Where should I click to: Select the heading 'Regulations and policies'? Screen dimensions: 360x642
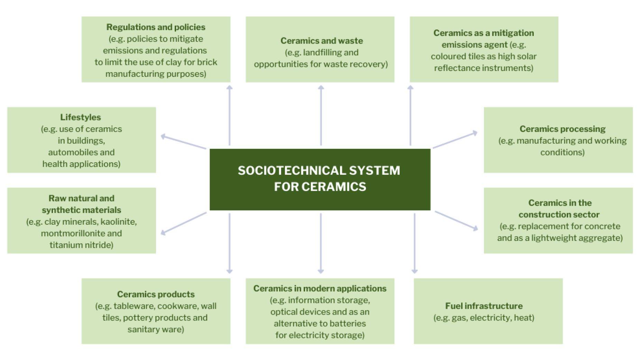(x=156, y=27)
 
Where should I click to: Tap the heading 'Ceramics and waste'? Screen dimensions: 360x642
(x=322, y=41)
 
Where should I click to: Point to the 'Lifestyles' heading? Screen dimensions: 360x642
(x=81, y=117)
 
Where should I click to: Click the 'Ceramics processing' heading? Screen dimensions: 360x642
(x=562, y=129)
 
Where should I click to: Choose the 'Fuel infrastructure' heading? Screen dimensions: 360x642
(x=484, y=306)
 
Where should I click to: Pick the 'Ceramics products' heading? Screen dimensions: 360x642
(x=156, y=294)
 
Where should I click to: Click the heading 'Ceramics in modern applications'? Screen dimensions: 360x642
(x=320, y=288)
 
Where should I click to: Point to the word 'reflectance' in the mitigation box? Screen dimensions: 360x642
(x=457, y=68)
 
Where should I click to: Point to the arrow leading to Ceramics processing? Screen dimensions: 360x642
(x=455, y=140)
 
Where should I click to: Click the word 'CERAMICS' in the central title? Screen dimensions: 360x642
(x=333, y=187)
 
